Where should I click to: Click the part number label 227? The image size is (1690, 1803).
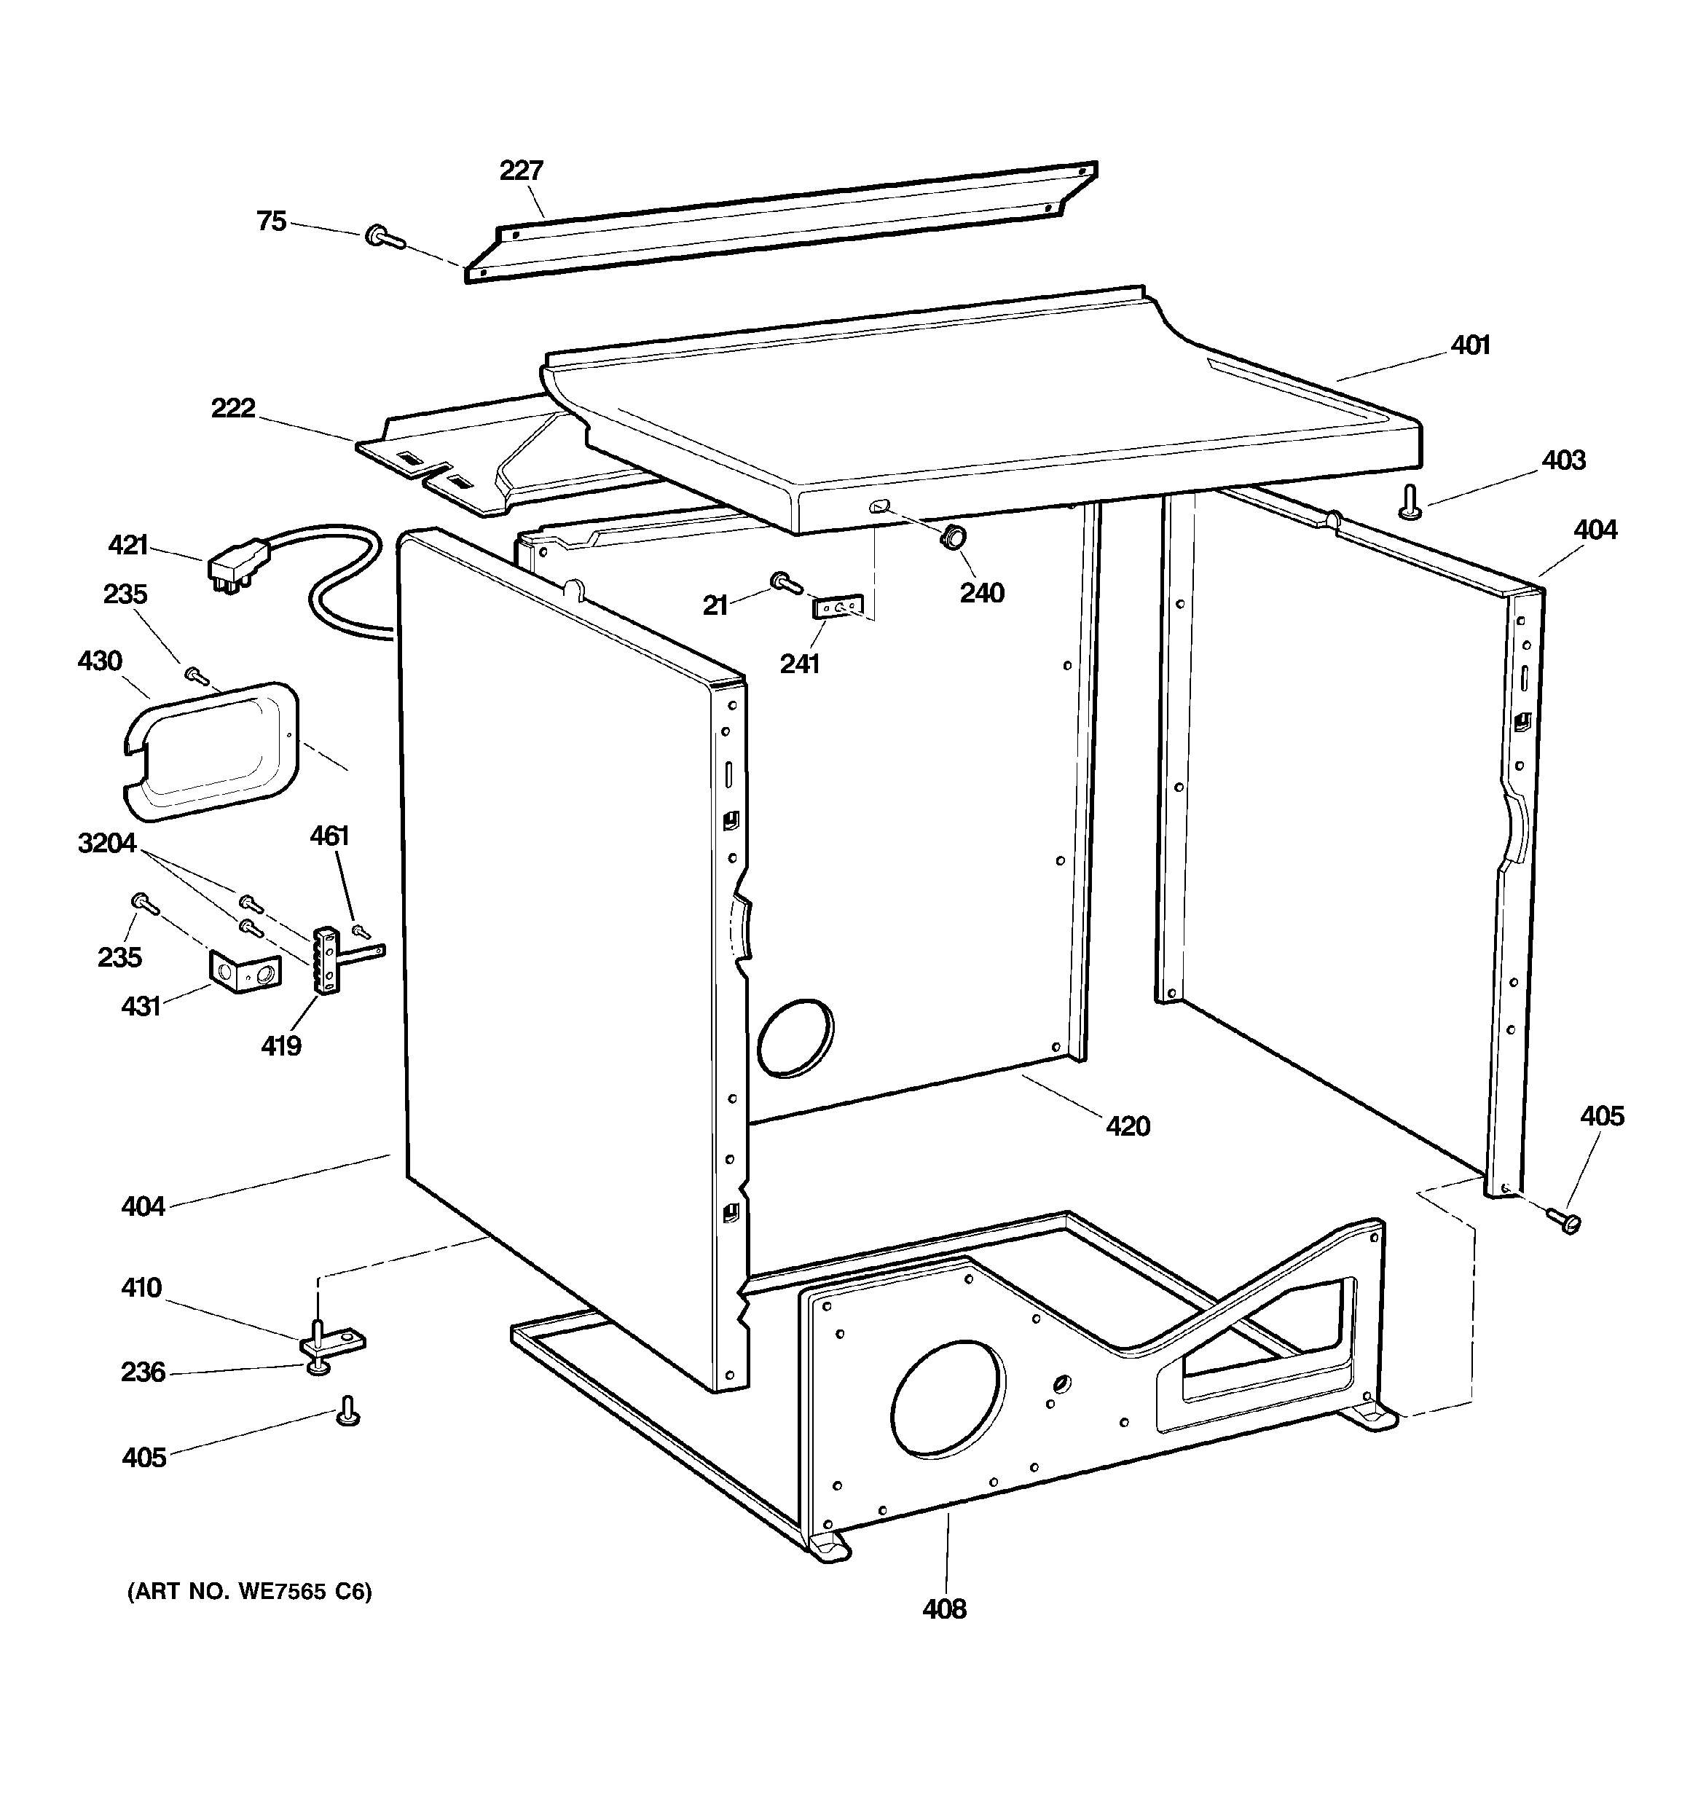521,170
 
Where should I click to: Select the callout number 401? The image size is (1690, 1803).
1469,345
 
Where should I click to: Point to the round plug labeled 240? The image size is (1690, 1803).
951,537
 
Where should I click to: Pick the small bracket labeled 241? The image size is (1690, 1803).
836,607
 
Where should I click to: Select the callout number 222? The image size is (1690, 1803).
233,408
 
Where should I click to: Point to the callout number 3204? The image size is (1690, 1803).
107,844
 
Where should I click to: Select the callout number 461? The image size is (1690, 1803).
329,836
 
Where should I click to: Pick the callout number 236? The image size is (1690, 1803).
144,1372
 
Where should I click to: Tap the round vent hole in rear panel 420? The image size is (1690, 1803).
795,1040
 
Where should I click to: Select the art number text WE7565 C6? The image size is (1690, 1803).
249,1592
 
